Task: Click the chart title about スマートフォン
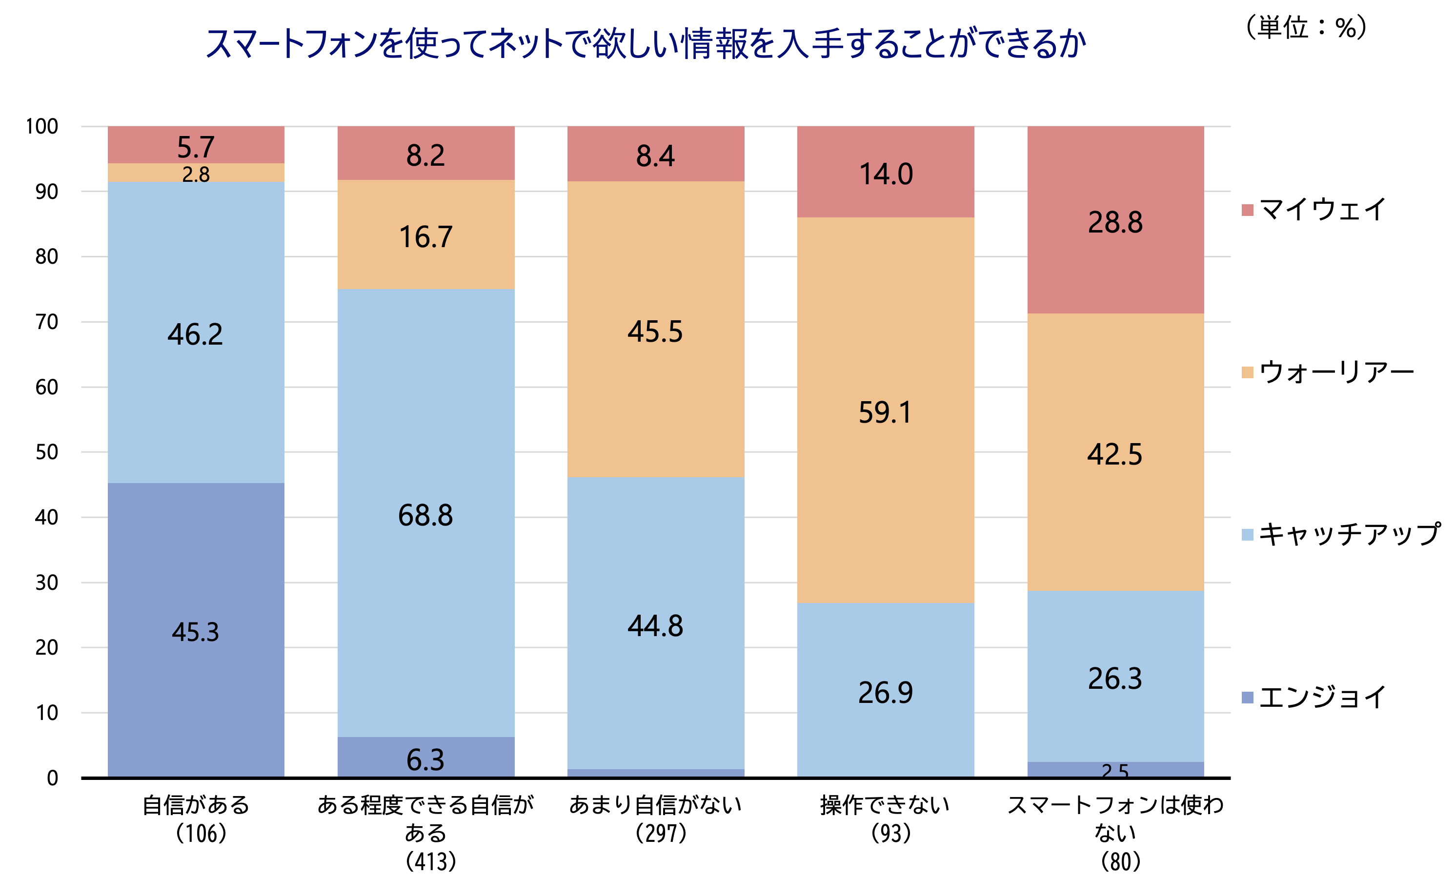[x=645, y=43]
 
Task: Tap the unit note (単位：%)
[x=1306, y=27]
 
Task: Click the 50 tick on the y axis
[x=46, y=452]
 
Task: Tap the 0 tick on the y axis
[x=52, y=778]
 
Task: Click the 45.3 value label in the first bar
[x=195, y=633]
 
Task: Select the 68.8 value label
[x=425, y=516]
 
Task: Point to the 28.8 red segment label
[x=1115, y=223]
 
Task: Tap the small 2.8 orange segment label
[x=195, y=175]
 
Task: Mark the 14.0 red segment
[x=885, y=175]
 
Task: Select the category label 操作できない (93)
[x=885, y=819]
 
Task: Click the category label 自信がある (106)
[x=196, y=819]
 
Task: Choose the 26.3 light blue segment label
[x=1115, y=679]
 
